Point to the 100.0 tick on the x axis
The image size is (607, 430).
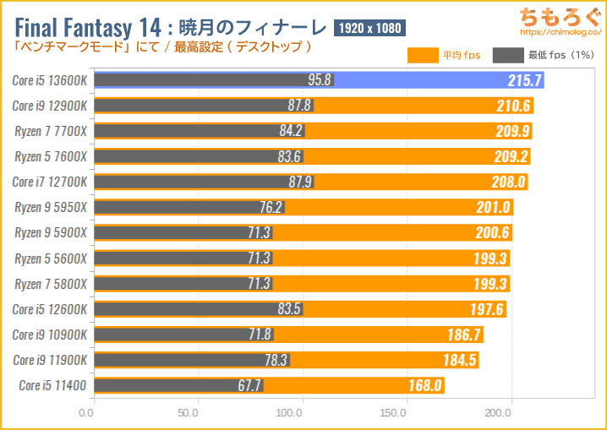click(x=292, y=413)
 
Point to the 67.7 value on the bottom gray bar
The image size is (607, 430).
click(x=249, y=385)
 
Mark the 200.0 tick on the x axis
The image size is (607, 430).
click(x=497, y=413)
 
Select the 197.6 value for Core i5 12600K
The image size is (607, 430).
click(x=486, y=309)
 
